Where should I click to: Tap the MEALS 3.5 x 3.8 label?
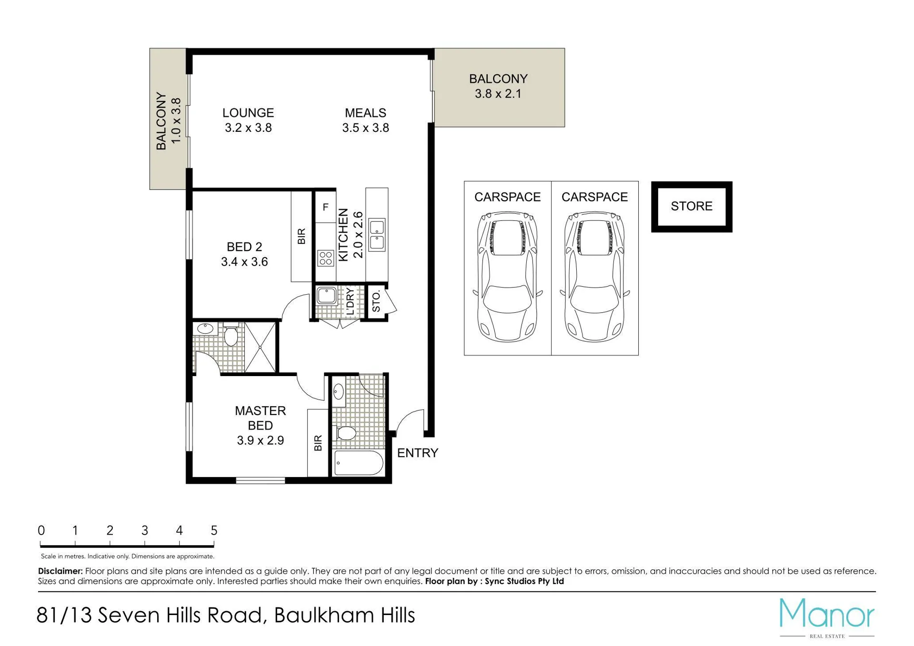(x=365, y=120)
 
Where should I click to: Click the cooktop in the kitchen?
(x=326, y=258)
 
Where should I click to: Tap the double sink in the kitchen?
(x=377, y=235)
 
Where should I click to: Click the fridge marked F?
(x=325, y=207)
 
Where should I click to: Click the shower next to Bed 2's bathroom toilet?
(x=260, y=348)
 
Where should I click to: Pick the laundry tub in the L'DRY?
(x=326, y=295)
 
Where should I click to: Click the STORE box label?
(x=692, y=206)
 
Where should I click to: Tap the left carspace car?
(x=507, y=277)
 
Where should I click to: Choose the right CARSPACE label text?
(x=594, y=197)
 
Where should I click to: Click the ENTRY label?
(x=418, y=453)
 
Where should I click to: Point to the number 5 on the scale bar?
(x=214, y=530)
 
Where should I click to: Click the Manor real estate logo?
(x=827, y=617)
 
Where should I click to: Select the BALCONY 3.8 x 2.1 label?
(x=498, y=86)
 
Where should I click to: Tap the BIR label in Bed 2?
(x=301, y=237)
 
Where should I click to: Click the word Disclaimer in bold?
(x=60, y=571)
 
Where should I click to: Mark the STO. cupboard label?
(x=376, y=301)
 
